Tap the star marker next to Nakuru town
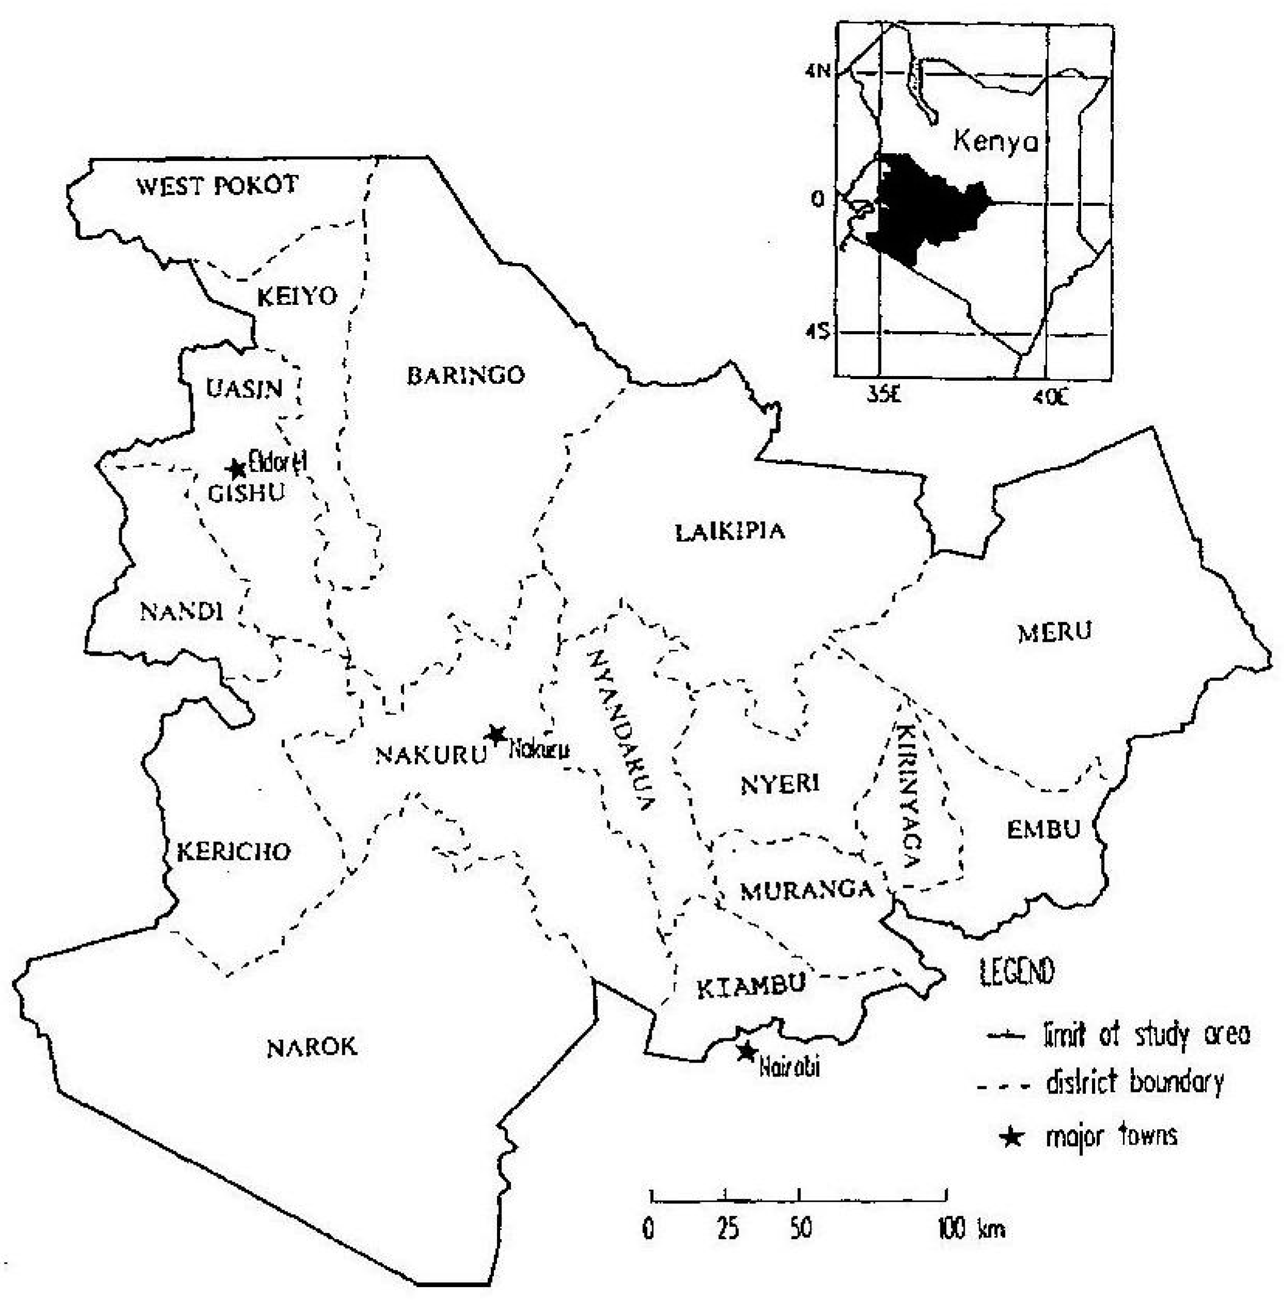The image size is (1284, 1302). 496,735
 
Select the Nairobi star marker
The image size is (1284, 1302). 746,1051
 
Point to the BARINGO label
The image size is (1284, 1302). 466,376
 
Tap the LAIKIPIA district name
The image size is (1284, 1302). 730,532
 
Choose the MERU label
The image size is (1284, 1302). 1054,631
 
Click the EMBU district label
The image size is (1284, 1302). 1044,829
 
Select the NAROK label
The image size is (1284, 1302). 312,1047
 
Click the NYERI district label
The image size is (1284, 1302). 780,785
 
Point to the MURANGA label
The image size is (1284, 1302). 807,891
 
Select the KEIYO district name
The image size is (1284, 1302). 297,296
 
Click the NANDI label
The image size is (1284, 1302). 181,612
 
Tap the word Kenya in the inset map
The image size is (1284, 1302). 996,142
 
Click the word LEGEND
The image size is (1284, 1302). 1016,972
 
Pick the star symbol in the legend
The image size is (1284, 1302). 1012,1138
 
